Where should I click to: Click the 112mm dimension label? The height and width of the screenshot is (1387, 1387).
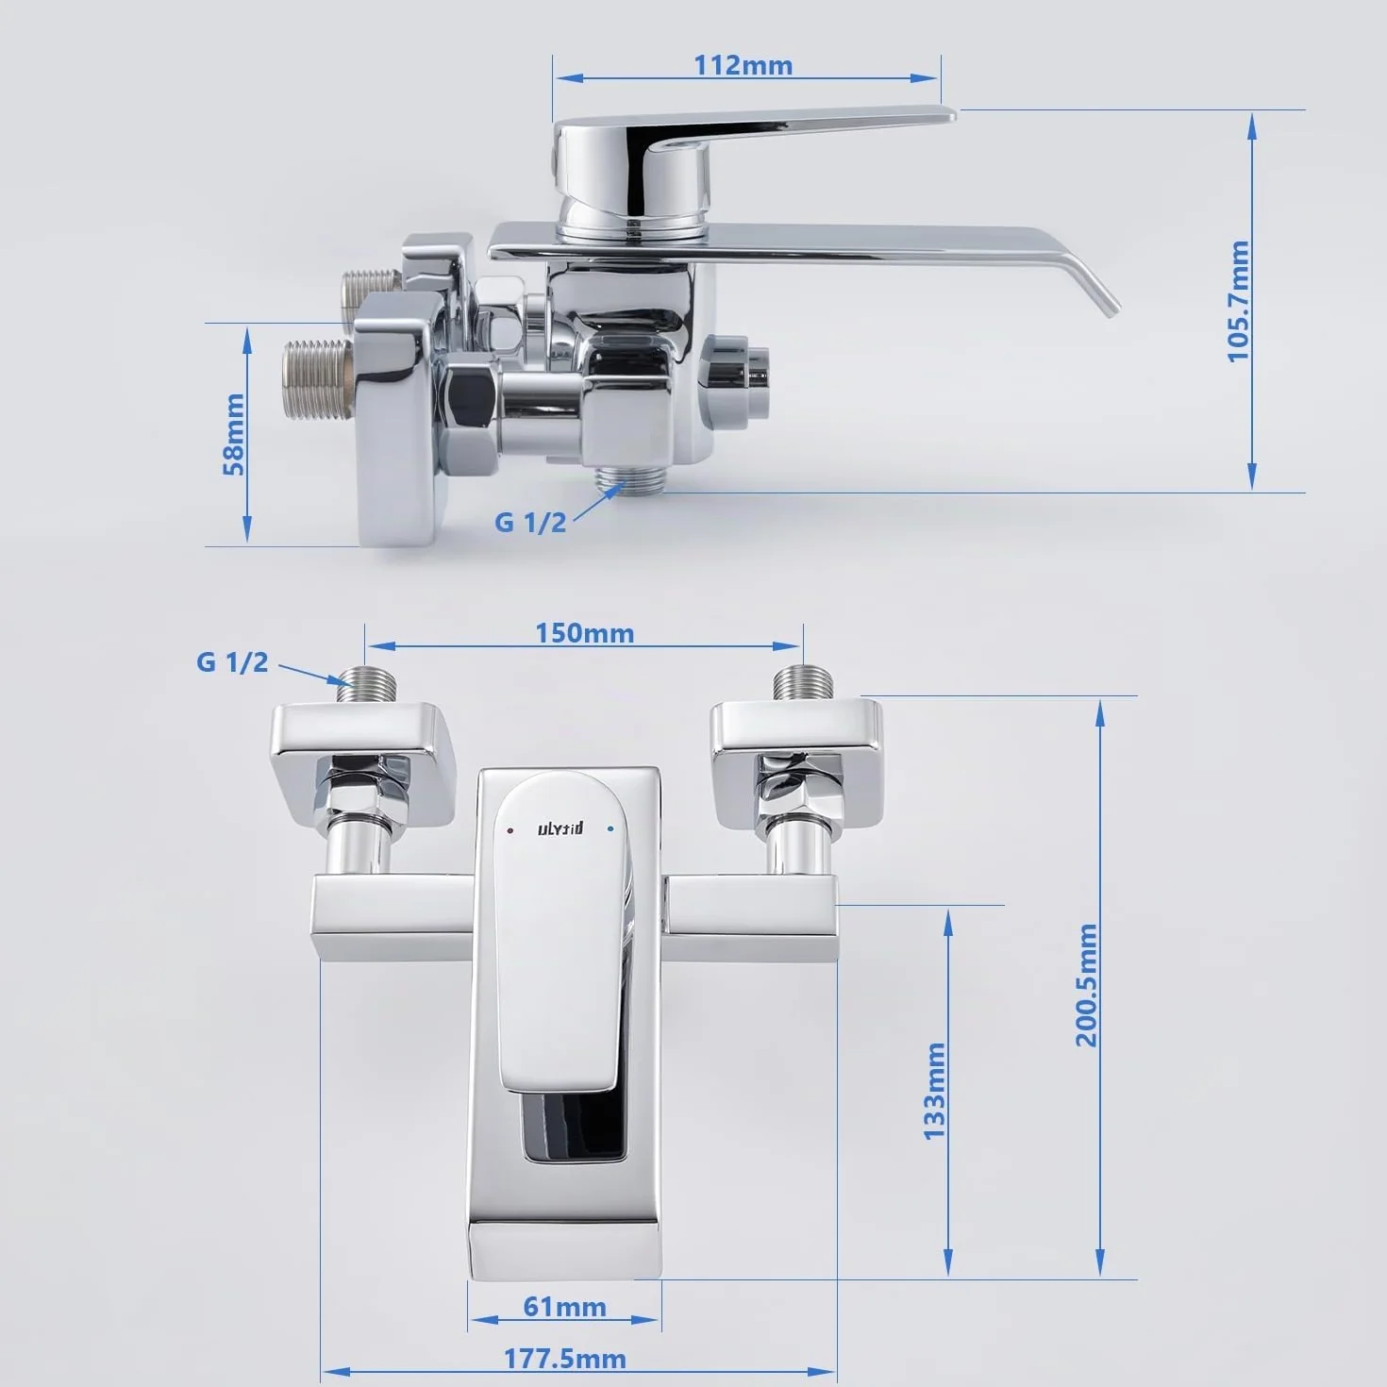743,65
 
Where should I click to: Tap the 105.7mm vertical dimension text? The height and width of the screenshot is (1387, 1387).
1238,302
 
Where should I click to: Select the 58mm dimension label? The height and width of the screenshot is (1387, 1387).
233,434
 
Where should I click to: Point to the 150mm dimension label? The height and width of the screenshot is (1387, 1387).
584,633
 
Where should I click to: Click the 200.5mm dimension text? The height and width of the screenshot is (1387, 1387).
1086,985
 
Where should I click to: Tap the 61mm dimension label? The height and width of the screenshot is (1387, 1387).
564,1307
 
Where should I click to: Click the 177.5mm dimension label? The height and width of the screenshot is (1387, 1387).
564,1359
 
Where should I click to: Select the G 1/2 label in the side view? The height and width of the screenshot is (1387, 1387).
529,523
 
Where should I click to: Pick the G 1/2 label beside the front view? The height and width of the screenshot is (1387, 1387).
232,662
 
